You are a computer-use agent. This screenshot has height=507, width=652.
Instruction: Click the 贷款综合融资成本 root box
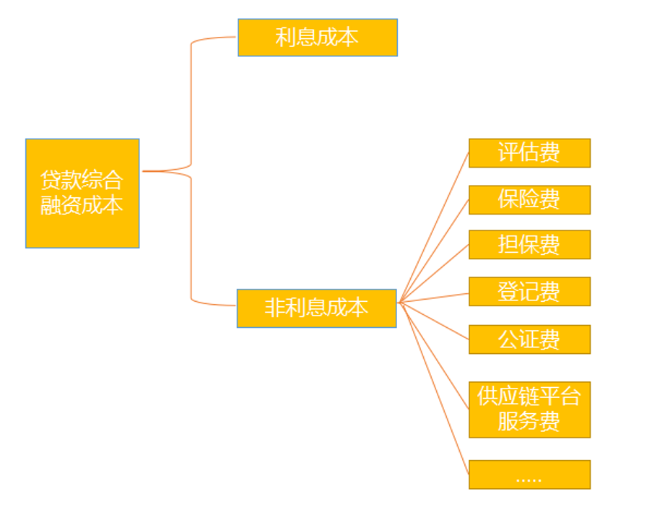click(82, 193)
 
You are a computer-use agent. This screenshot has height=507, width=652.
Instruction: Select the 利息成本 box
click(317, 38)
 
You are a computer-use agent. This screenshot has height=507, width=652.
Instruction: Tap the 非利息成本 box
click(316, 308)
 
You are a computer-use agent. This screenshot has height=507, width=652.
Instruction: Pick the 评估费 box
click(529, 153)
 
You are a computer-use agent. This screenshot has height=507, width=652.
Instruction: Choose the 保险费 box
click(529, 199)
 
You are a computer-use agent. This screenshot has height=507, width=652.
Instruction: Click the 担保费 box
click(529, 245)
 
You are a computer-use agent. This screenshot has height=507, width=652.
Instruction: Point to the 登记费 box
click(529, 292)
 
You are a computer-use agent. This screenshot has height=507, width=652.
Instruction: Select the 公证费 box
click(529, 339)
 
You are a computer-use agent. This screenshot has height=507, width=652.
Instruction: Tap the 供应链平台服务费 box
click(529, 409)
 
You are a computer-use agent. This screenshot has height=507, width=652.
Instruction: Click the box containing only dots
click(529, 474)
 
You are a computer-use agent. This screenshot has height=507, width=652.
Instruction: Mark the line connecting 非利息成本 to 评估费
click(434, 227)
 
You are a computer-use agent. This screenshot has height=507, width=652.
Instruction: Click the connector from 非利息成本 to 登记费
click(434, 298)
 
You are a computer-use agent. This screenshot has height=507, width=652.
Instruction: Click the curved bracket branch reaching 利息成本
click(192, 94)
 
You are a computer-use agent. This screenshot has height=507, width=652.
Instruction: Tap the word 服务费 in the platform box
click(529, 422)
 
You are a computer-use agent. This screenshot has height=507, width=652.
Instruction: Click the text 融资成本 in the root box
click(82, 205)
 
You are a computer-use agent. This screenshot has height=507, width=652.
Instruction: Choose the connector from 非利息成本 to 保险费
click(434, 250)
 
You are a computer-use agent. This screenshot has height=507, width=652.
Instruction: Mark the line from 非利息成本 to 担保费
click(434, 273)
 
